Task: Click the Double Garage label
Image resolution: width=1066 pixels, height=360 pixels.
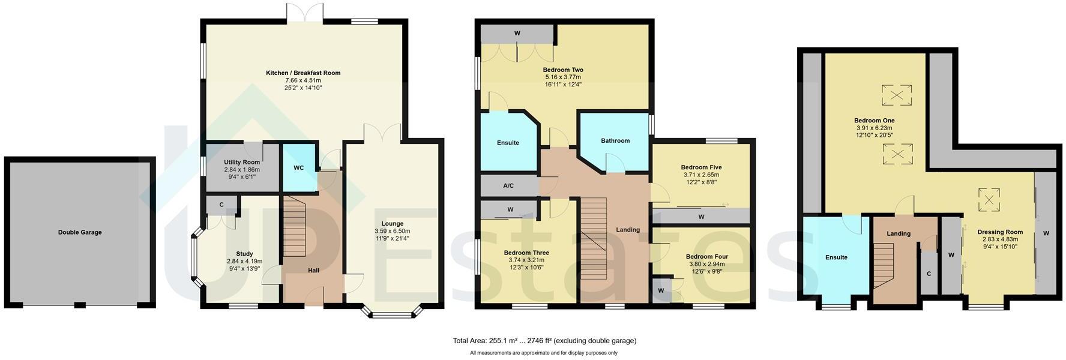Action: click(x=80, y=232)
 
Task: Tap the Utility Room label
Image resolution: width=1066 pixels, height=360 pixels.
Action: click(x=242, y=163)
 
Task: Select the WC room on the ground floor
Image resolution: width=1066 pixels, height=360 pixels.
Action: click(x=298, y=168)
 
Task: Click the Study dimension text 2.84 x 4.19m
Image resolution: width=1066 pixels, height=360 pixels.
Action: click(x=244, y=261)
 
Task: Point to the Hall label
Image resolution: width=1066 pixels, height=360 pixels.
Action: click(x=313, y=271)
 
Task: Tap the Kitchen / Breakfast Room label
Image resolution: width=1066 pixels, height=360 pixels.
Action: click(x=303, y=73)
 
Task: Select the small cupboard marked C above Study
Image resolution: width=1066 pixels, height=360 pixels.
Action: click(x=221, y=205)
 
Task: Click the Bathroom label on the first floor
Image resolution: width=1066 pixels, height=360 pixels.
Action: click(x=615, y=141)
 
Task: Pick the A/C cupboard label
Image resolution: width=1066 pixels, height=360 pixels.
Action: click(x=508, y=186)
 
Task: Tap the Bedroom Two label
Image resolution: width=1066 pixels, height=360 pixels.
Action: click(x=563, y=70)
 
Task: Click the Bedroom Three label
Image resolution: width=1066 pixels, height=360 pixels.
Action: click(x=526, y=253)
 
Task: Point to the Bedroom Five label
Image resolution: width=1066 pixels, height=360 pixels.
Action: click(x=701, y=167)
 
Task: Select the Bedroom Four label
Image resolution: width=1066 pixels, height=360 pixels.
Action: click(x=706, y=257)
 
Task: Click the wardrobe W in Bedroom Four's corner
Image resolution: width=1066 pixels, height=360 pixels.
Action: click(x=661, y=291)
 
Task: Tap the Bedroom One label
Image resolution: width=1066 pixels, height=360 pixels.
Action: click(x=874, y=121)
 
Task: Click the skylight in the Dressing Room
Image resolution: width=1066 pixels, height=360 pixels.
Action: click(x=989, y=200)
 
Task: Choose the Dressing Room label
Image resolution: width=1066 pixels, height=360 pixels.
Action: click(x=1000, y=232)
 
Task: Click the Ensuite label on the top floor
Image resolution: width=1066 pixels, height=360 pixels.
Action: click(x=836, y=257)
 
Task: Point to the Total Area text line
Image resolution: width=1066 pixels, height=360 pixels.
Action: click(x=544, y=341)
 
